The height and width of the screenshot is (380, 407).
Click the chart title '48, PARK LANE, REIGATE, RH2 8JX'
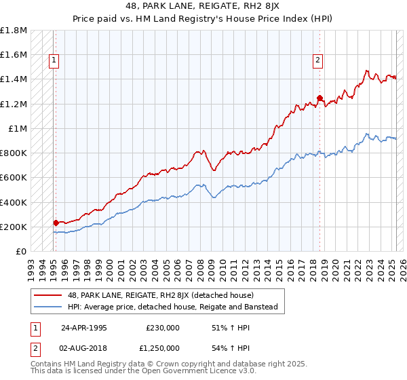(x=203, y=6)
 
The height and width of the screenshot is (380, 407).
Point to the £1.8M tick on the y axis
(x=14, y=31)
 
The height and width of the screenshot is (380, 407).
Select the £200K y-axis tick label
(x=14, y=227)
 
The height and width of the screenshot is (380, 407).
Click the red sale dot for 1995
(x=56, y=223)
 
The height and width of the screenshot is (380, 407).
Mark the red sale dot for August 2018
(x=319, y=98)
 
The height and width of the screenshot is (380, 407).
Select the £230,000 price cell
(x=163, y=327)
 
